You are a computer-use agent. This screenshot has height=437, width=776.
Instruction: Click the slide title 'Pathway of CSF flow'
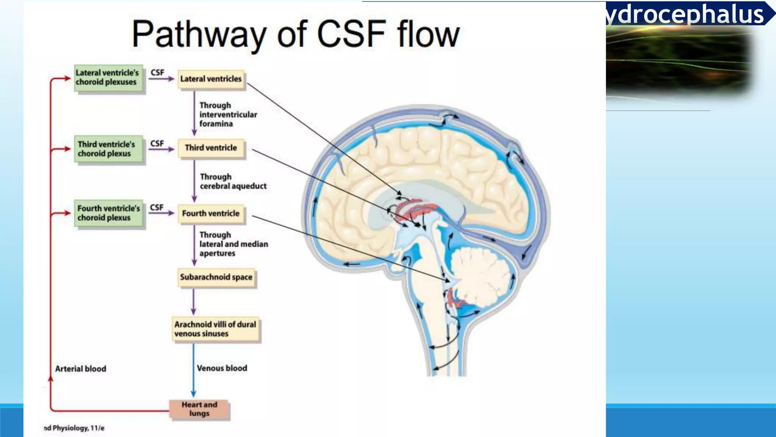pyautogui.click(x=296, y=34)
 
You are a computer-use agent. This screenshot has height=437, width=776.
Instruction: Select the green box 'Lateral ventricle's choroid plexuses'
pyautogui.click(x=108, y=78)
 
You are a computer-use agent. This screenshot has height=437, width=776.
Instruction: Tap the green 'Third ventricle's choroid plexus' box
pyautogui.click(x=108, y=149)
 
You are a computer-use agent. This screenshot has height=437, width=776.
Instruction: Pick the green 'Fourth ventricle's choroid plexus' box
pyautogui.click(x=108, y=213)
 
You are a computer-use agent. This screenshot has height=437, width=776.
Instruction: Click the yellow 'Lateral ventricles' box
pyautogui.click(x=211, y=79)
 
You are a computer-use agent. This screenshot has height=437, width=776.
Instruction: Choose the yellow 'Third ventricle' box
pyautogui.click(x=211, y=148)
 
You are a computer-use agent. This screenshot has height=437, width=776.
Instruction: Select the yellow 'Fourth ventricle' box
pyautogui.click(x=211, y=214)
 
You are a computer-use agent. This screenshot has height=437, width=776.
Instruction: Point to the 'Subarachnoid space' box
pyautogui.click(x=216, y=277)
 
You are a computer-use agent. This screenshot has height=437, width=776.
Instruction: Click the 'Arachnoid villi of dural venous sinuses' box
pyautogui.click(x=216, y=329)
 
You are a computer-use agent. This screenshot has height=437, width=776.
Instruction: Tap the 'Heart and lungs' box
pyautogui.click(x=199, y=409)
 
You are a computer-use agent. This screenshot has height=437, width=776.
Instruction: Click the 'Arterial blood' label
pyautogui.click(x=81, y=369)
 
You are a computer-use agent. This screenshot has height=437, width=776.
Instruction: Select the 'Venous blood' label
pyautogui.click(x=222, y=368)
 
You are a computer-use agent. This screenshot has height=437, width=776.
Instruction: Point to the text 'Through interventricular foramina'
pyautogui.click(x=228, y=115)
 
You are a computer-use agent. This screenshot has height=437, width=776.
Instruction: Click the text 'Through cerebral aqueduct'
pyautogui.click(x=233, y=181)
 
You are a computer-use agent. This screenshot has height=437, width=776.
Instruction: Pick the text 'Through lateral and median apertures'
pyautogui.click(x=233, y=244)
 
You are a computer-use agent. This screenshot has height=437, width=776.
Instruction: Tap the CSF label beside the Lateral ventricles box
pyautogui.click(x=157, y=72)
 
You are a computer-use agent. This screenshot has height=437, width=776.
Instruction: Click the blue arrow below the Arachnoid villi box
pyautogui.click(x=193, y=370)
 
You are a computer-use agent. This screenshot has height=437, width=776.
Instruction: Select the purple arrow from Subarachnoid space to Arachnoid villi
pyautogui.click(x=193, y=302)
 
